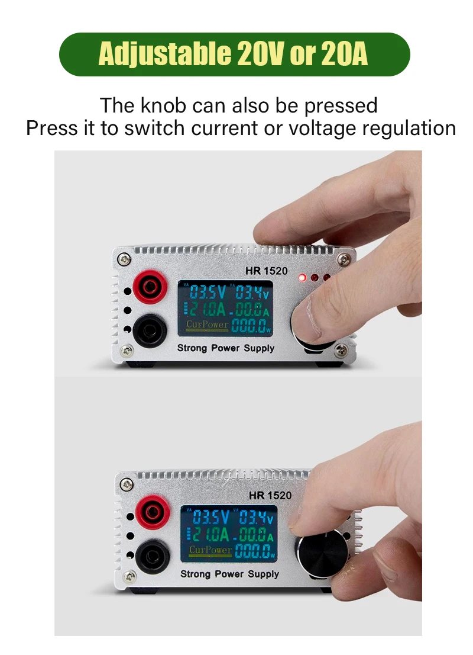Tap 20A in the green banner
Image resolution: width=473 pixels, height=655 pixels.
click(345, 54)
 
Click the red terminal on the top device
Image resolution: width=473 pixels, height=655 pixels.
click(150, 288)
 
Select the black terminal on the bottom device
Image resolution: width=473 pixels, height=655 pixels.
click(153, 556)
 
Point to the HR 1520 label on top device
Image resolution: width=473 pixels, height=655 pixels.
click(266, 271)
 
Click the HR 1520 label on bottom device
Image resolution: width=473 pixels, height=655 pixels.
click(270, 495)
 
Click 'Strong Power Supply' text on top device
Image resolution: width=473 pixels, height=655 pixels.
click(226, 348)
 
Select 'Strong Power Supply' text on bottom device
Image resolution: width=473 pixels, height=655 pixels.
click(229, 573)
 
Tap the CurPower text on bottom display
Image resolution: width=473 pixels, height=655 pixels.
click(210, 550)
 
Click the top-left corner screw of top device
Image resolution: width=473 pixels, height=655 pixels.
click(123, 258)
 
